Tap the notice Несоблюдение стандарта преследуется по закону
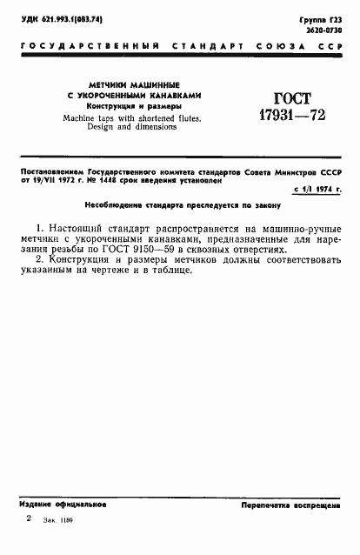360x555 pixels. pos(181,204)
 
